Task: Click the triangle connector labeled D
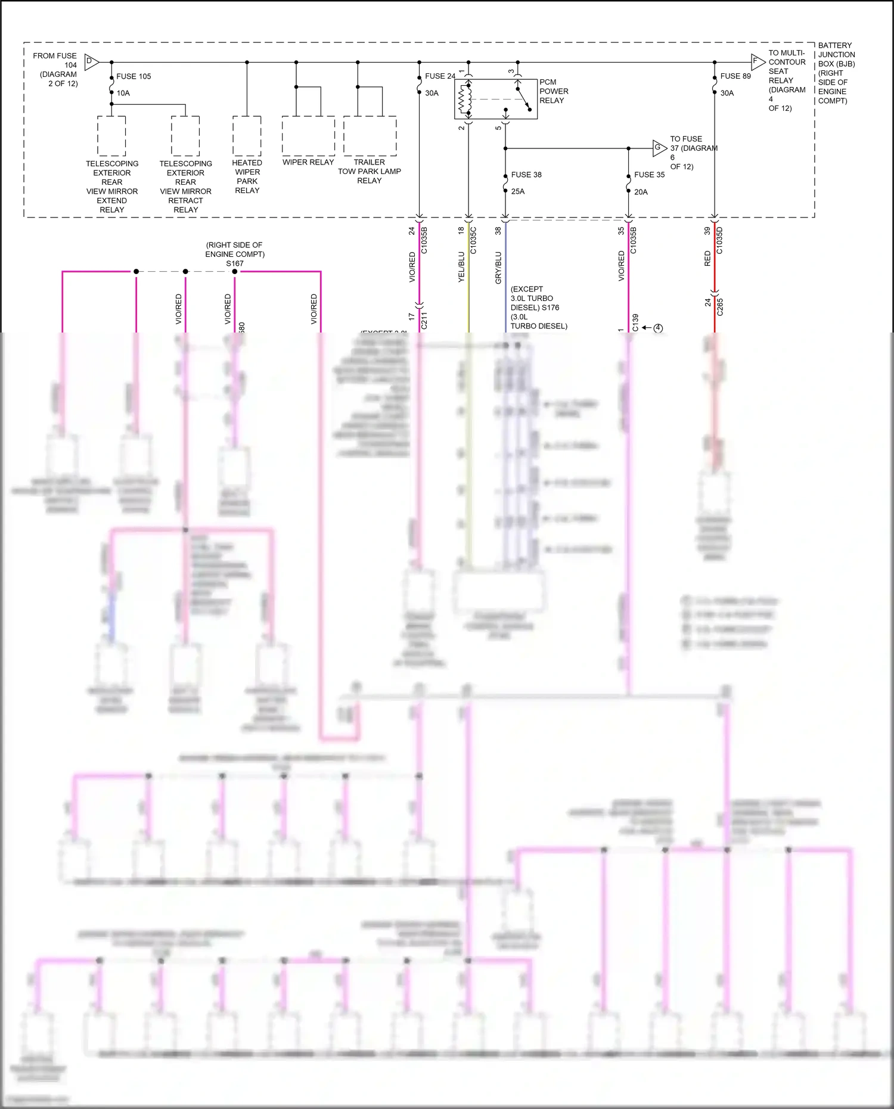(91, 61)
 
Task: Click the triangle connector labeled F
(757, 61)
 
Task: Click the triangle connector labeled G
(659, 148)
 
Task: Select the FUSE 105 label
(134, 76)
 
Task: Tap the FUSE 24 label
(440, 76)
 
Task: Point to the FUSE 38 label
(526, 175)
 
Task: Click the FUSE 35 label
(649, 175)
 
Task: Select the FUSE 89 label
(735, 76)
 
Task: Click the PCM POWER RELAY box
(495, 99)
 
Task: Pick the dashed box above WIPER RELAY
(308, 136)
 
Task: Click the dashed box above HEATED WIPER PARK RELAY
(247, 136)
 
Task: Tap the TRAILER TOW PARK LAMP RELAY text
(370, 171)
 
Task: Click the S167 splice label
(235, 263)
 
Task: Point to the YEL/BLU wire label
(461, 267)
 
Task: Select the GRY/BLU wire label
(498, 268)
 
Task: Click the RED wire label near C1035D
(707, 258)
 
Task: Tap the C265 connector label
(719, 306)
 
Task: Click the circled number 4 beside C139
(658, 328)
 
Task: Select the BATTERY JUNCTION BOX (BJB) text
(836, 73)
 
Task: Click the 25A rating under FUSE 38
(518, 191)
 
